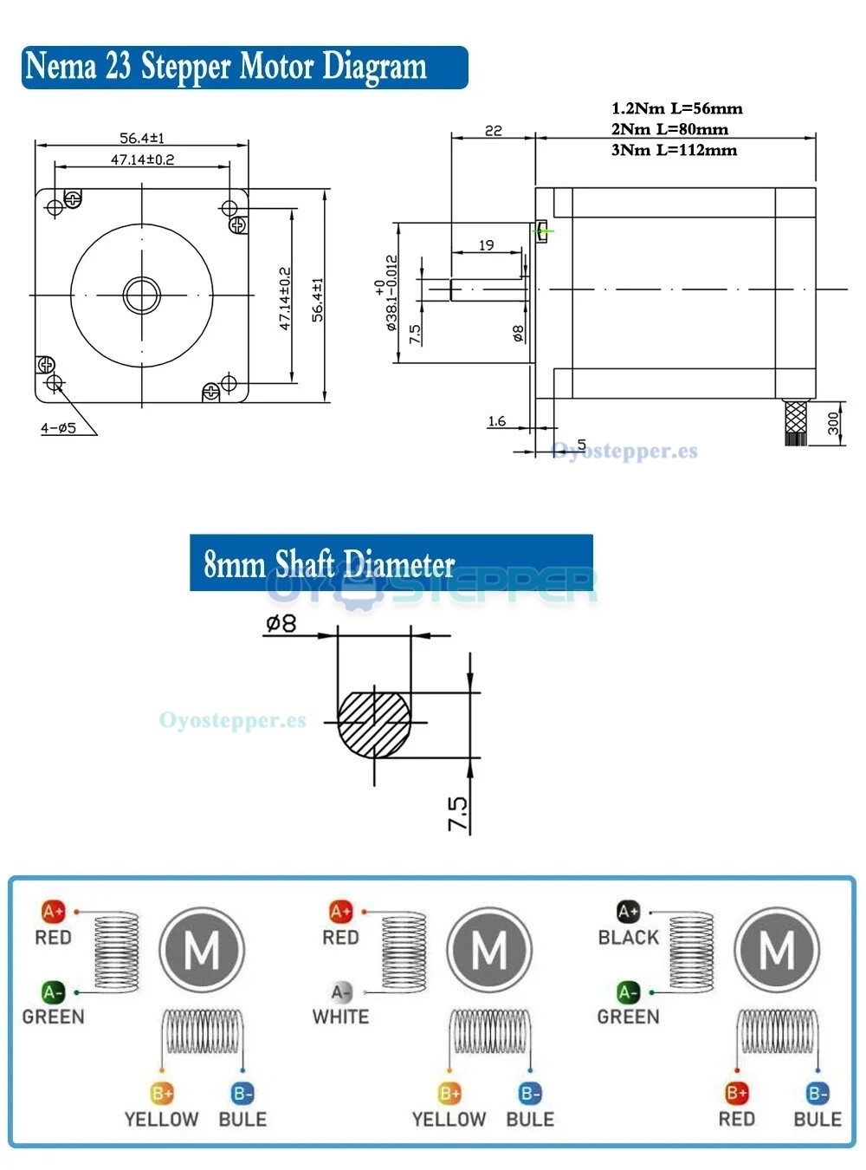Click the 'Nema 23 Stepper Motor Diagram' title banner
pos(244,68)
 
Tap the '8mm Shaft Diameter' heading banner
pos(391,563)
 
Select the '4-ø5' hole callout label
pos(58,427)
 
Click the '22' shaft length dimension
pos(493,130)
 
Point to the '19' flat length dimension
pos(487,245)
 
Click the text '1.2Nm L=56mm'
pos(676,108)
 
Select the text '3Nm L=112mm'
pos(674,150)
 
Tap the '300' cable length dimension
pos(832,423)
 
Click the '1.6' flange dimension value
pos(496,421)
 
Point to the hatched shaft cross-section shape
pos(374,723)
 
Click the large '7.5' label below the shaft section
pos(458,814)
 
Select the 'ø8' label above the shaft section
pos(281,623)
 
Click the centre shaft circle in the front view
pos(142,295)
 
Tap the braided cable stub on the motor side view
pos(795,422)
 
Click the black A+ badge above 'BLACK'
pos(628,912)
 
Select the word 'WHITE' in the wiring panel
pos(340,1017)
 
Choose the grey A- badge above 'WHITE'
pos(341,991)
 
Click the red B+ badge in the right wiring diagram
pos(736,1094)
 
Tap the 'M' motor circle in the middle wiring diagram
pos(489,951)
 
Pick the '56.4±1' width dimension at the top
pos(142,138)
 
